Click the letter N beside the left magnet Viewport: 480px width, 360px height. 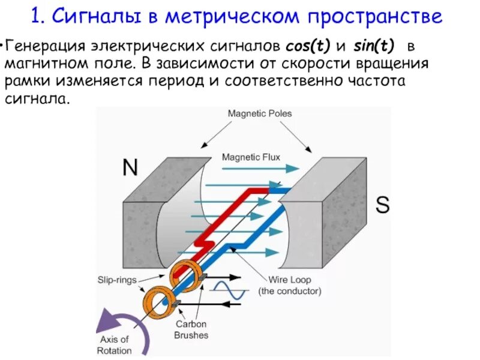pyautogui.click(x=130, y=166)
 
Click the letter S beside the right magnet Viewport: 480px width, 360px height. pyautogui.click(x=382, y=205)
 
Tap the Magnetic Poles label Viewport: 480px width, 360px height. pyautogui.click(x=260, y=113)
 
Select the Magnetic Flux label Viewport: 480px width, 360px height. pyautogui.click(x=250, y=158)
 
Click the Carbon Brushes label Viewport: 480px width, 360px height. pyautogui.click(x=191, y=329)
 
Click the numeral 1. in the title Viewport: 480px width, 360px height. pyautogui.click(x=40, y=16)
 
